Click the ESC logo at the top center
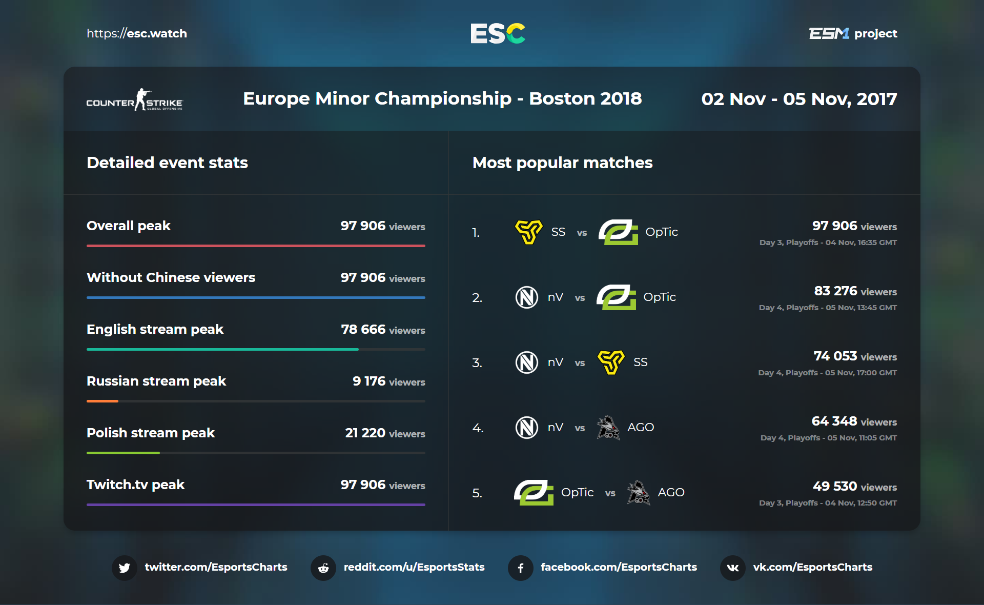[x=498, y=33]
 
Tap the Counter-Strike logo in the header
[x=134, y=100]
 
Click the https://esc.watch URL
[x=137, y=34]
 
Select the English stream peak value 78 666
[x=363, y=329]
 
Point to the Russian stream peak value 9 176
[x=369, y=381]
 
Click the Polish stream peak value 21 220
[x=365, y=433]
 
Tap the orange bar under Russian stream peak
[x=102, y=401]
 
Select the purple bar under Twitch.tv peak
[x=256, y=505]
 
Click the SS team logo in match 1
[x=528, y=232]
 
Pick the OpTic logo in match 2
[x=616, y=297]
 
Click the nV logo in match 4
[x=526, y=428]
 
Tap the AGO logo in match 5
[x=639, y=493]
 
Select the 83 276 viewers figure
[x=836, y=291]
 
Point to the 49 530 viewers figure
[x=835, y=487]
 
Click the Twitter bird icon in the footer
[x=125, y=568]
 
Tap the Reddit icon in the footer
[x=323, y=568]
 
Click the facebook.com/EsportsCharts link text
[x=619, y=567]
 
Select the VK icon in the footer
[x=733, y=568]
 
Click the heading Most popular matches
[x=562, y=163]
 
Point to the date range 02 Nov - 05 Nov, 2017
[x=799, y=99]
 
